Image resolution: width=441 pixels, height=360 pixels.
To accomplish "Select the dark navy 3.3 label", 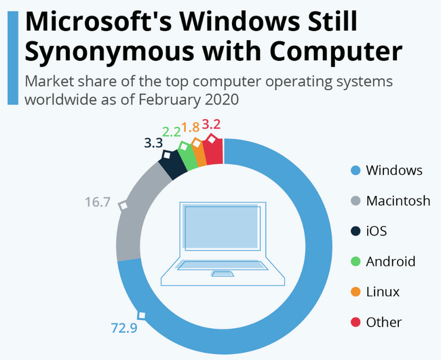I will (153, 143).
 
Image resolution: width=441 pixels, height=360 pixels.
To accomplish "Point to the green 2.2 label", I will (170, 131).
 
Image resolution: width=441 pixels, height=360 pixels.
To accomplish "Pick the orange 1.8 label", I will (191, 127).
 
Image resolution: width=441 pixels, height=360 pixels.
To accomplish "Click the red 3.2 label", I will (212, 125).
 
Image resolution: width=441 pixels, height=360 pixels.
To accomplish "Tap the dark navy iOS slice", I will (174, 163).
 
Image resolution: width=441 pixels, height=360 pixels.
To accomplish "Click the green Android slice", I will (188, 156).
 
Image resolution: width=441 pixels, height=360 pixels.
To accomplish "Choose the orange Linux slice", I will (199, 152).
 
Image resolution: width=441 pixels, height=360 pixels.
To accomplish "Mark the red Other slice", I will (214, 151).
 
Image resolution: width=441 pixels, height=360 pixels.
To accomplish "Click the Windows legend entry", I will (394, 170).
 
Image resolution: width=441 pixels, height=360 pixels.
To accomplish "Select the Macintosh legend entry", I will (398, 201).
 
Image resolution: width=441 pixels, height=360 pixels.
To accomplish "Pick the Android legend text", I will (390, 261).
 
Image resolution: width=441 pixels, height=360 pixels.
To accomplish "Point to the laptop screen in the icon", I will (221, 228).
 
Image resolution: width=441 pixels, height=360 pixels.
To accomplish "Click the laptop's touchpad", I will (220, 274).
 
